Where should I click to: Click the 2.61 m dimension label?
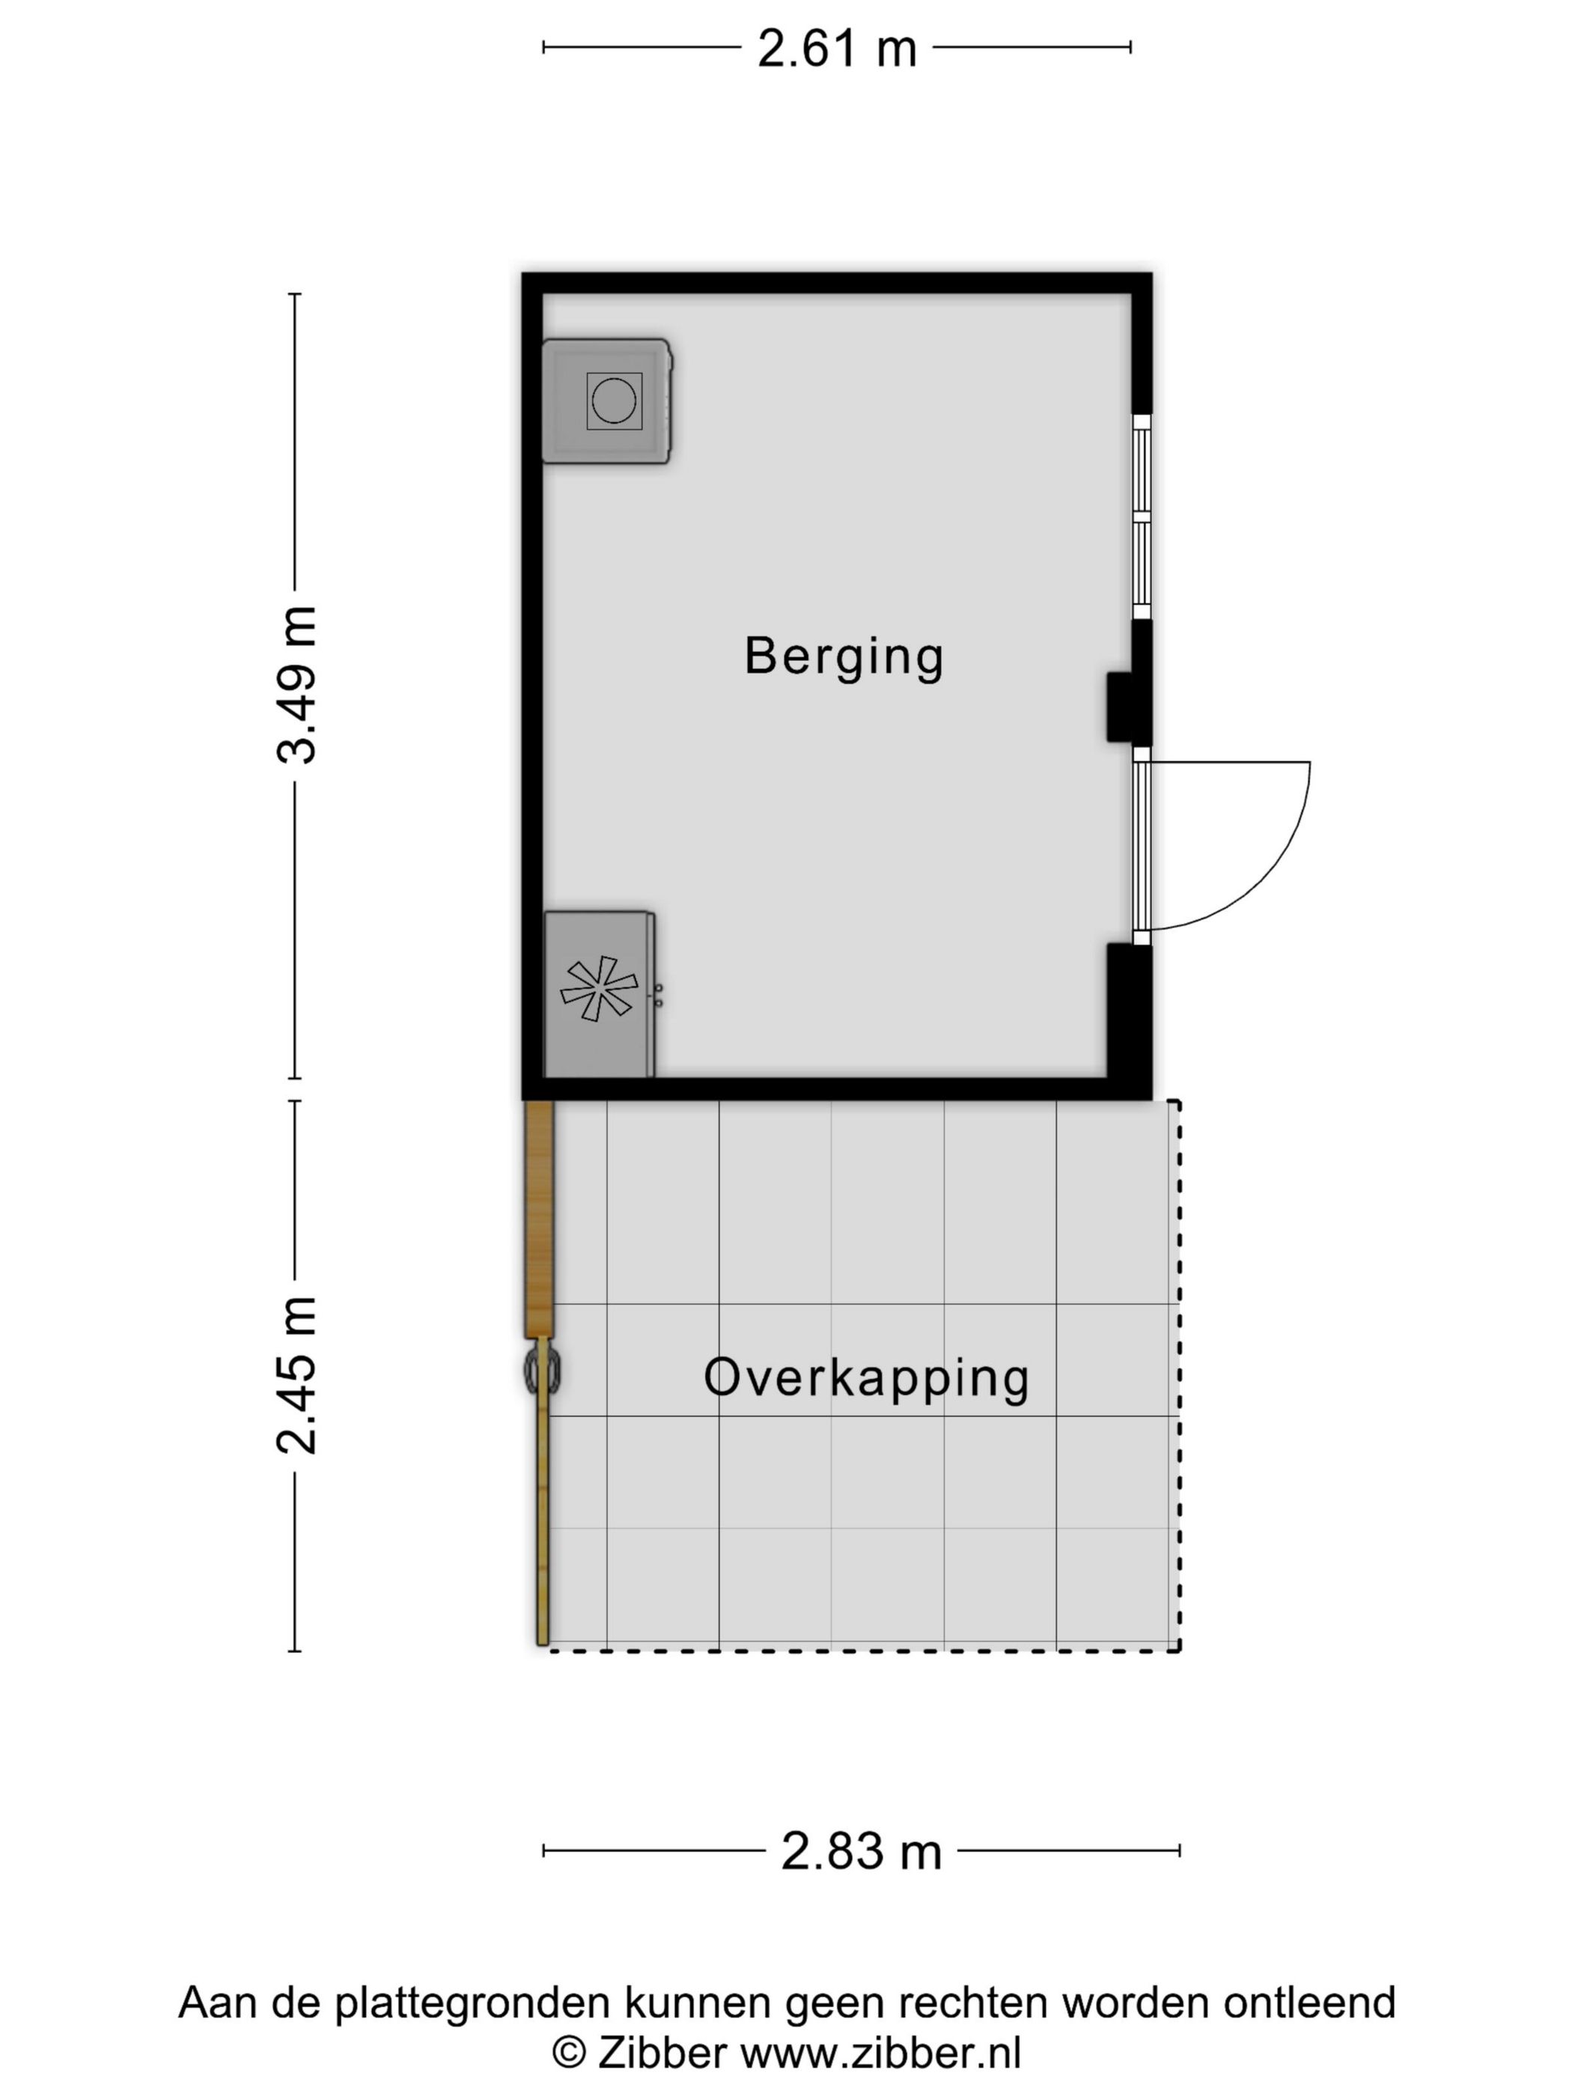coord(837,49)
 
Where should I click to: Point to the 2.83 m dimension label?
coord(860,1851)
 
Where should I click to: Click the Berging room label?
coord(844,656)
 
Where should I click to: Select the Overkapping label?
coord(866,1378)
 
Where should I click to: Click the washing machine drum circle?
coord(614,400)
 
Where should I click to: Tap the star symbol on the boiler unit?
coord(599,988)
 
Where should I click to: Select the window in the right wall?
coord(1142,517)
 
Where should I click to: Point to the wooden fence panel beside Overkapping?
coord(538,1218)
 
